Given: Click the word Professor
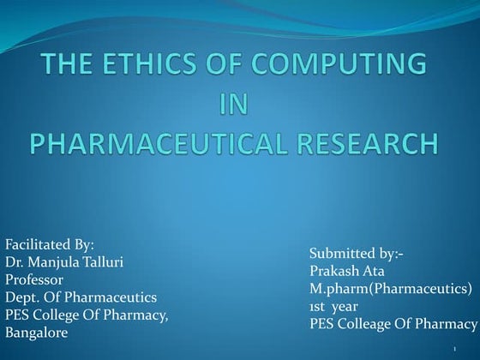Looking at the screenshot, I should [34, 279].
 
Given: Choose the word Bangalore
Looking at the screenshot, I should [36, 333].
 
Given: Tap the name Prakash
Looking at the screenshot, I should [336, 272].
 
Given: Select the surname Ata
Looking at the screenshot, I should [380, 272].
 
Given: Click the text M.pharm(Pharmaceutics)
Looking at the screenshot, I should [390, 289].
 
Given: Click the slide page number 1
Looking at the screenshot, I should [453, 349].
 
